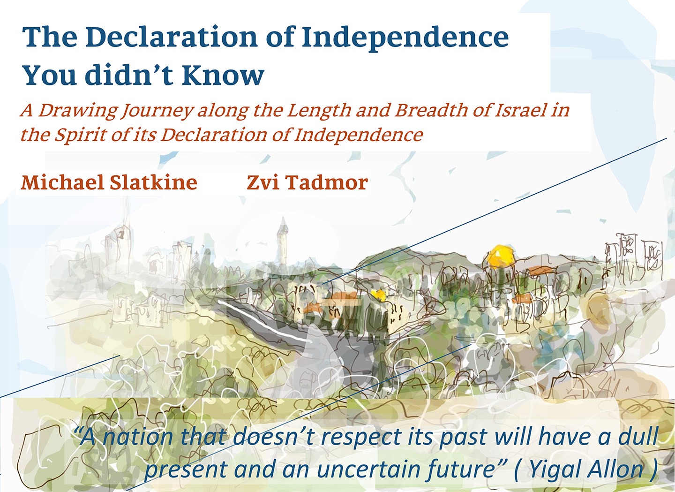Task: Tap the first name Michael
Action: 63,182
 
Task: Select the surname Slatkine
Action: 154,182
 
